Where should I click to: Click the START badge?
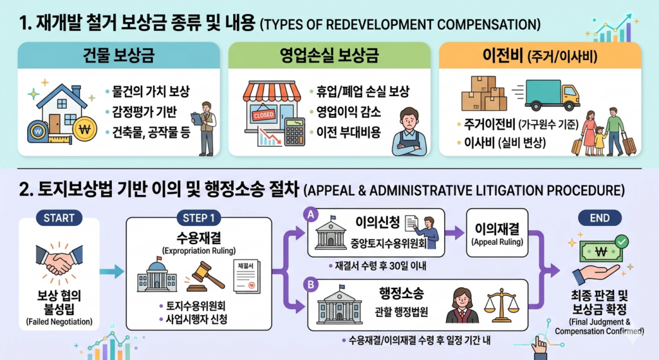click(59, 218)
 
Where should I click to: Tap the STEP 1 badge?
click(199, 218)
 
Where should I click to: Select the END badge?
click(600, 218)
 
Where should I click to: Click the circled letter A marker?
click(311, 215)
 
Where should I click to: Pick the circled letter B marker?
click(311, 285)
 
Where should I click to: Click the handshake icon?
click(59, 261)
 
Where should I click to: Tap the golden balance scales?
click(501, 305)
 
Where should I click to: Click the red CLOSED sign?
click(263, 115)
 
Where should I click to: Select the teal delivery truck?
click(552, 95)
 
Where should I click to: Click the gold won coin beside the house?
click(84, 129)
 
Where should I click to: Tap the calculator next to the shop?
click(294, 131)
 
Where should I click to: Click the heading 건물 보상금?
click(119, 55)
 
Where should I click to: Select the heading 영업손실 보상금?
click(329, 55)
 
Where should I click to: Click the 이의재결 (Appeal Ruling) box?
click(497, 232)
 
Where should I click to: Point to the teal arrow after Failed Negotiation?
click(112, 272)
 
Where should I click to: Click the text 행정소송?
click(402, 293)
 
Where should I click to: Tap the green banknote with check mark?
click(602, 251)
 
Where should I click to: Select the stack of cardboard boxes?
click(484, 93)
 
